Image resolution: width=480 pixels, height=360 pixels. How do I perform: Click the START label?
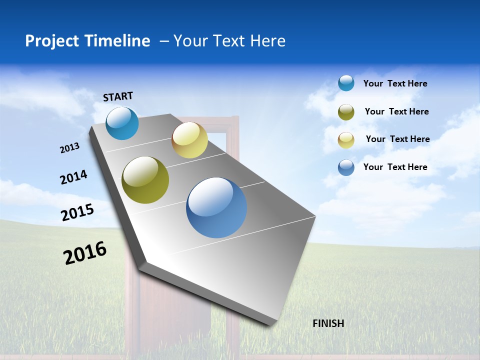coord(118,96)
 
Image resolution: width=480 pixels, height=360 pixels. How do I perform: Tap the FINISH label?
coord(328,323)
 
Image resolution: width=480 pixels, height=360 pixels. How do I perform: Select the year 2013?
coord(69,148)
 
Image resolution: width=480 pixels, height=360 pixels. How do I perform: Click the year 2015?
coord(77,212)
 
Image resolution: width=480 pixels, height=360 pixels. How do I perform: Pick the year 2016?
coord(85,253)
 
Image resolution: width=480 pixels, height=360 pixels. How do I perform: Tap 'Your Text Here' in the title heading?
coord(229,41)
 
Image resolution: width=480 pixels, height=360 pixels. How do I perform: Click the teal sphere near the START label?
coord(122,123)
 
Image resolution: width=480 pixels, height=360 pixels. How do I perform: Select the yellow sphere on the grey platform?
coord(189,140)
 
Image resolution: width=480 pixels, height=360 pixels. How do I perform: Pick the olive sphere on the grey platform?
coord(145,180)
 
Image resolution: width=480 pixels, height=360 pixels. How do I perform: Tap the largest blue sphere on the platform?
coord(216,207)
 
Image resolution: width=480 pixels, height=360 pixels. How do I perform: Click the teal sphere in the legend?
coord(346,83)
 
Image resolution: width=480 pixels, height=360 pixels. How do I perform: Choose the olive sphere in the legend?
coord(346,112)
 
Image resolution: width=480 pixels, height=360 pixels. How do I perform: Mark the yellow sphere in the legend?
coord(346,140)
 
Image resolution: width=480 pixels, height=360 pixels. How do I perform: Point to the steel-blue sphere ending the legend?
coord(346,167)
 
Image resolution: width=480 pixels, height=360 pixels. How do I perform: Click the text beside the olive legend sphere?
coord(396,111)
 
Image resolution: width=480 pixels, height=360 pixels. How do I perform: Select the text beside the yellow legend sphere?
coord(397,139)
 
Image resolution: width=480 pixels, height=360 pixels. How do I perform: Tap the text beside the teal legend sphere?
coord(395,83)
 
